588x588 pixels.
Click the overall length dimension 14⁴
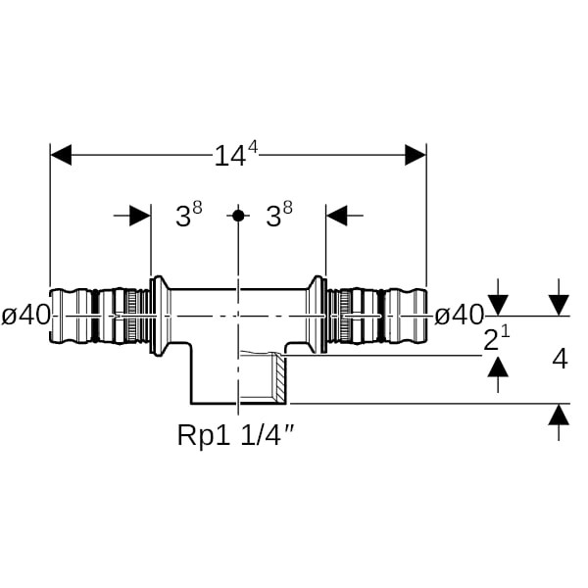click(x=236, y=154)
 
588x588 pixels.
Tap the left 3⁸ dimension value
click(x=188, y=216)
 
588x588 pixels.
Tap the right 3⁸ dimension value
click(x=279, y=216)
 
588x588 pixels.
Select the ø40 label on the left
click(x=26, y=316)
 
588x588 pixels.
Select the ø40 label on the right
click(x=459, y=316)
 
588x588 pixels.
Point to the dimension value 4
click(x=560, y=359)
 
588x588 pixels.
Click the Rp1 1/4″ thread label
click(x=235, y=434)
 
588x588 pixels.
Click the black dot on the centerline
click(x=237, y=215)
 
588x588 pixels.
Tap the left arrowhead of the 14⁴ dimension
click(x=61, y=155)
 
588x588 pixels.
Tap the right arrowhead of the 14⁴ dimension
click(x=415, y=155)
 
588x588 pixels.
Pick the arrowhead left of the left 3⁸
click(x=140, y=216)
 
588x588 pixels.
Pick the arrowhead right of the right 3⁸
click(x=337, y=216)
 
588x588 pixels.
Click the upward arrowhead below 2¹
click(x=499, y=367)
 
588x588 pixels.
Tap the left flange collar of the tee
click(x=155, y=316)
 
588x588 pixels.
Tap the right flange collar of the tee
click(x=319, y=316)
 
